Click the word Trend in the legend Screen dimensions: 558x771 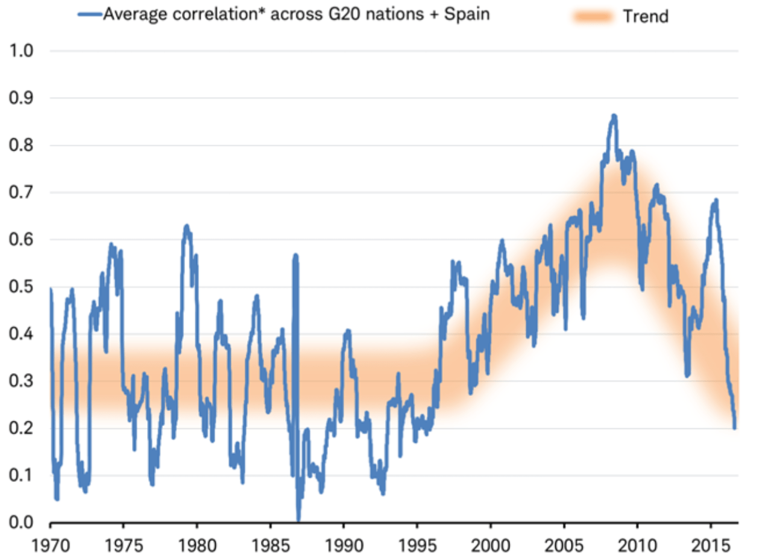pyautogui.click(x=646, y=16)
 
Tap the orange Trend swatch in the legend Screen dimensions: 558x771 pyautogui.click(x=594, y=16)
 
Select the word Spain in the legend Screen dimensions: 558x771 pyautogui.click(x=466, y=14)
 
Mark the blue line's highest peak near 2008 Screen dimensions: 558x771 pyautogui.click(x=614, y=115)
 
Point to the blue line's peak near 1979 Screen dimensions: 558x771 pyautogui.click(x=187, y=226)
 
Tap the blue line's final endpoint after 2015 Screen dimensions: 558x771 pyautogui.click(x=735, y=428)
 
